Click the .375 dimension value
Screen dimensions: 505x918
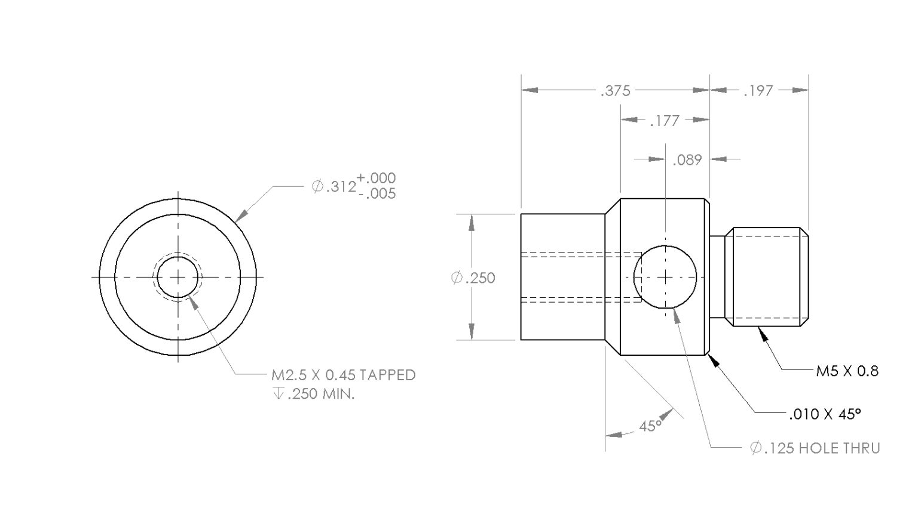click(615, 91)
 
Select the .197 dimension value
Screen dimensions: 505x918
click(758, 91)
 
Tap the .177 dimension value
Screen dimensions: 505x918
click(664, 121)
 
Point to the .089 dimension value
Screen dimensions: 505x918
click(687, 160)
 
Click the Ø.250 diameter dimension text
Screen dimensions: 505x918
click(473, 278)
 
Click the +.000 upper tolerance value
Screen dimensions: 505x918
click(376, 178)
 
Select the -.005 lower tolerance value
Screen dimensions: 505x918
click(376, 193)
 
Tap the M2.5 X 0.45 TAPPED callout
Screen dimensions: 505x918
click(343, 375)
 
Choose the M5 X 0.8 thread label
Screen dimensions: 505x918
click(847, 371)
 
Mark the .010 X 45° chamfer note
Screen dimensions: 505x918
click(825, 414)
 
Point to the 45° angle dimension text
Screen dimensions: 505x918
click(650, 426)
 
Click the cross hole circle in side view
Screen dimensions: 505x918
click(665, 277)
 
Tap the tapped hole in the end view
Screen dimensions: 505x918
click(178, 277)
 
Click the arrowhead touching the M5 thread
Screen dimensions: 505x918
click(763, 334)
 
